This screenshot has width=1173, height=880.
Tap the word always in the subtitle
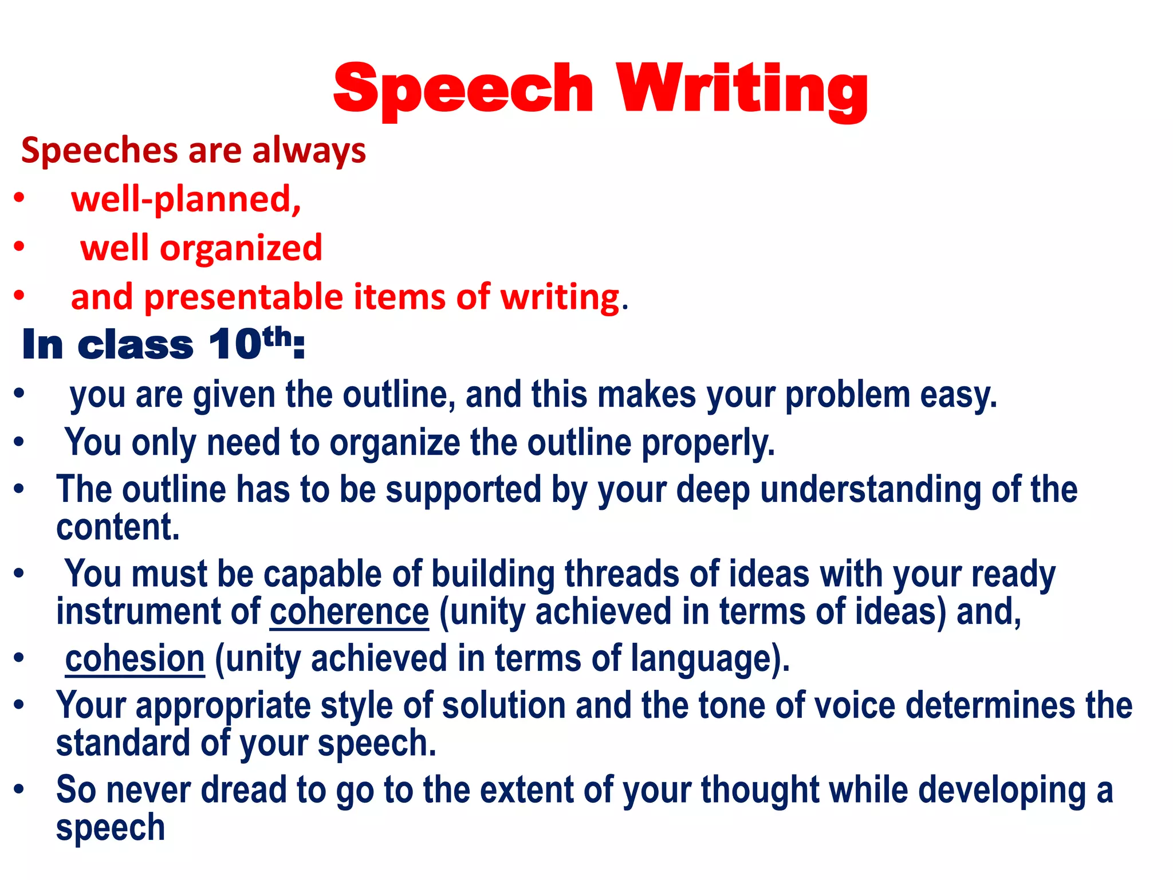(309, 151)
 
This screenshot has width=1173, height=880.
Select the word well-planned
(186, 199)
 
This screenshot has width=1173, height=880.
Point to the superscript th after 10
(277, 336)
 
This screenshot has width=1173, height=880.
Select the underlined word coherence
(349, 611)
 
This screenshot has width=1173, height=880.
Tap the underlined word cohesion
(135, 658)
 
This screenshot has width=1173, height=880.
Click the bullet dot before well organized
(19, 247)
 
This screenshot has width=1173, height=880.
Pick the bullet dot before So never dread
(19, 789)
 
